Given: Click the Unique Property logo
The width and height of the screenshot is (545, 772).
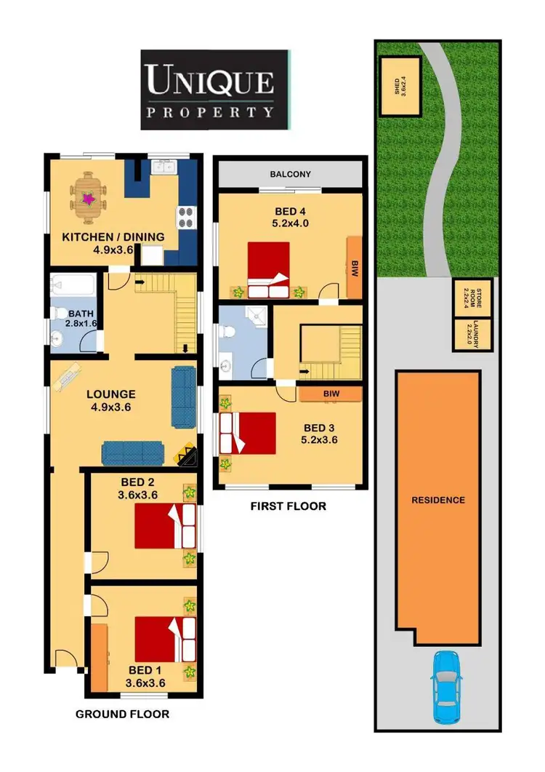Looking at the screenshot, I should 214,89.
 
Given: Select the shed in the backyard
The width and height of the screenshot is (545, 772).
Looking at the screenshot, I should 400,85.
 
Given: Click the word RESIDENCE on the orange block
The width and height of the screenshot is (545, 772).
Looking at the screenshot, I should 437,500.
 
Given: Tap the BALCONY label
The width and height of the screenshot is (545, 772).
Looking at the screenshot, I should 290,175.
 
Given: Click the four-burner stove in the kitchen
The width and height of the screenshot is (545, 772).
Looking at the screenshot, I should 185,215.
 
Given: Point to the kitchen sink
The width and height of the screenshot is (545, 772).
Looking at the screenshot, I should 163,168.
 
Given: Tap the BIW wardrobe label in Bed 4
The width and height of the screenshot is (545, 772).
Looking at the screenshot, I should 355,267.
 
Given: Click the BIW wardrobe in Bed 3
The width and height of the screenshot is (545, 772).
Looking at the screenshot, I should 330,394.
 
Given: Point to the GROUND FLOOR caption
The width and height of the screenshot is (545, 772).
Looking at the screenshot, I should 122,714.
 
